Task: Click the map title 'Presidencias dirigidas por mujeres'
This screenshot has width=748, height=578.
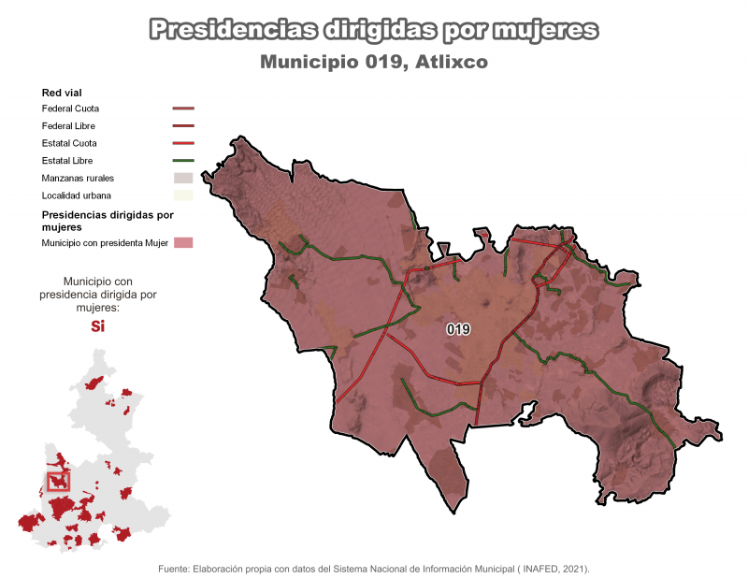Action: (374, 30)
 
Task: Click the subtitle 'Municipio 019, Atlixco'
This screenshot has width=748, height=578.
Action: (374, 63)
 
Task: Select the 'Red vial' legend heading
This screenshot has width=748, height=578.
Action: (63, 93)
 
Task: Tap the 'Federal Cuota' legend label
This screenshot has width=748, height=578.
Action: (70, 108)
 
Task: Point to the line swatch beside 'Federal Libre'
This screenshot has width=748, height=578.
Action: (182, 125)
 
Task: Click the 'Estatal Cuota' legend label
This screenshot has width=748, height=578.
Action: (69, 143)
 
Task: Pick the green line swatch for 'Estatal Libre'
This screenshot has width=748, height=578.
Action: (182, 161)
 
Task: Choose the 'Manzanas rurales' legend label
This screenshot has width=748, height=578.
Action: (79, 178)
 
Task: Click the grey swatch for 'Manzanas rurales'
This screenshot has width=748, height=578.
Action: (182, 178)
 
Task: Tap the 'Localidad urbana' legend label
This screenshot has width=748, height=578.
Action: (77, 195)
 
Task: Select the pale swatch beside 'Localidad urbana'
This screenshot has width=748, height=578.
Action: (182, 195)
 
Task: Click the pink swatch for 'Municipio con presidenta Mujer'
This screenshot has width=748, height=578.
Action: (182, 243)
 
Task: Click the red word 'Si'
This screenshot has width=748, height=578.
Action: (97, 326)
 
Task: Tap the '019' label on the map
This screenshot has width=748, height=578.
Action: (458, 329)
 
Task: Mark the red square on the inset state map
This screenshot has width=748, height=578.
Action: (59, 481)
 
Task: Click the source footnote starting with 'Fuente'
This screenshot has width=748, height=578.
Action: (374, 568)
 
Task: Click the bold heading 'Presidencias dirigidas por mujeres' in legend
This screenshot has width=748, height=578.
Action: (108, 220)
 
